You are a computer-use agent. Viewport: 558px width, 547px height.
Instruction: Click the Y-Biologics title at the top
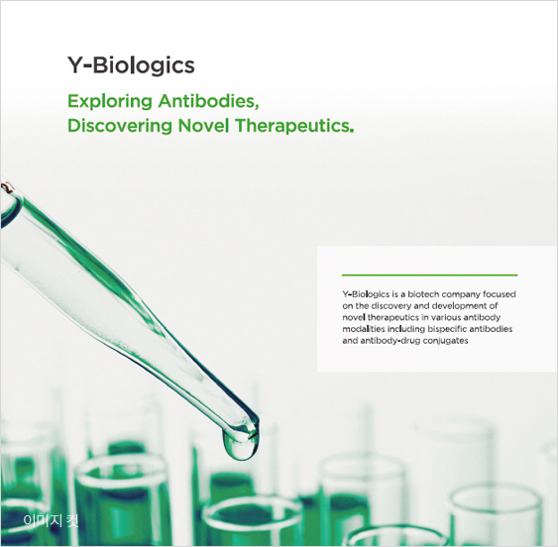(x=131, y=65)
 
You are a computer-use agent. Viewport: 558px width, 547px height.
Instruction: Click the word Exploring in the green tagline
(x=110, y=102)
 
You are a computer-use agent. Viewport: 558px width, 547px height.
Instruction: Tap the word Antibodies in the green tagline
(x=208, y=101)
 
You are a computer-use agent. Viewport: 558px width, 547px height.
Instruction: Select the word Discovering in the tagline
(x=120, y=126)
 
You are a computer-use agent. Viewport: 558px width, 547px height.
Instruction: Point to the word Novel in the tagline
(x=203, y=126)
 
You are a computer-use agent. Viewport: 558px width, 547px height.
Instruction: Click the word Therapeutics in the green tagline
(x=291, y=126)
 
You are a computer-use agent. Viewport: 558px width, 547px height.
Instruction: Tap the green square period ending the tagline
(x=352, y=131)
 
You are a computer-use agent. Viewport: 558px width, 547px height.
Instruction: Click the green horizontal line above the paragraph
(x=429, y=275)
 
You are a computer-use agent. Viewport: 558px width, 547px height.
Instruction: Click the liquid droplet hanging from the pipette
(x=240, y=444)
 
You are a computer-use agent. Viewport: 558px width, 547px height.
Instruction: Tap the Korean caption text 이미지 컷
(x=51, y=520)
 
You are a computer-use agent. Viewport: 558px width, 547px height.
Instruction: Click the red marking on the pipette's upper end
(x=7, y=187)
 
